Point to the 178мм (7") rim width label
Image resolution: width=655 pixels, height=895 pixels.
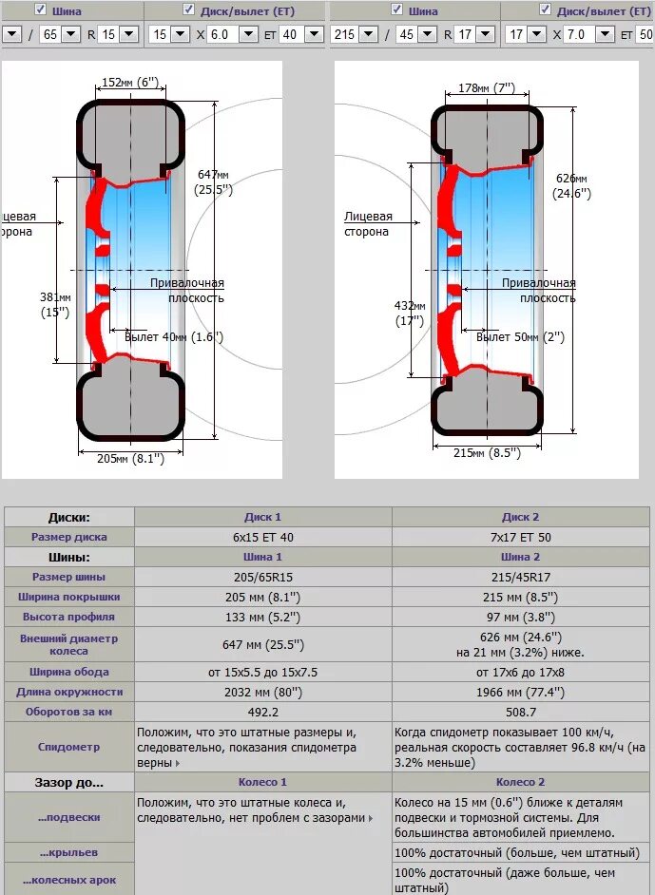[x=486, y=88]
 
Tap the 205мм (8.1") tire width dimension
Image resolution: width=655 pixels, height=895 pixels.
[x=131, y=458]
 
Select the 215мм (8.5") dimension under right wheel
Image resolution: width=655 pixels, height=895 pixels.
[x=488, y=453]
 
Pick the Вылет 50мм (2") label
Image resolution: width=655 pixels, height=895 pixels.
[x=520, y=337]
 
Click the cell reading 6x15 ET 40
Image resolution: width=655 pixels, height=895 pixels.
[x=263, y=537]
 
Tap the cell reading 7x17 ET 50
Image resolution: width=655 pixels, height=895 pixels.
[x=520, y=537]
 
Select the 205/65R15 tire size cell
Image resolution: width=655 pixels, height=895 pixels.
[x=263, y=577]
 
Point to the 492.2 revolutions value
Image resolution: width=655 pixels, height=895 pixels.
[x=263, y=712]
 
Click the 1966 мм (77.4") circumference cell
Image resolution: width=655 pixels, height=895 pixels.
[x=520, y=692]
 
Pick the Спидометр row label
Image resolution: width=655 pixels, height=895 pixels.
[x=68, y=747]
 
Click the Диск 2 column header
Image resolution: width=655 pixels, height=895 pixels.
[x=520, y=517]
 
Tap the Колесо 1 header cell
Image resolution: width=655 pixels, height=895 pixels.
[x=263, y=782]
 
